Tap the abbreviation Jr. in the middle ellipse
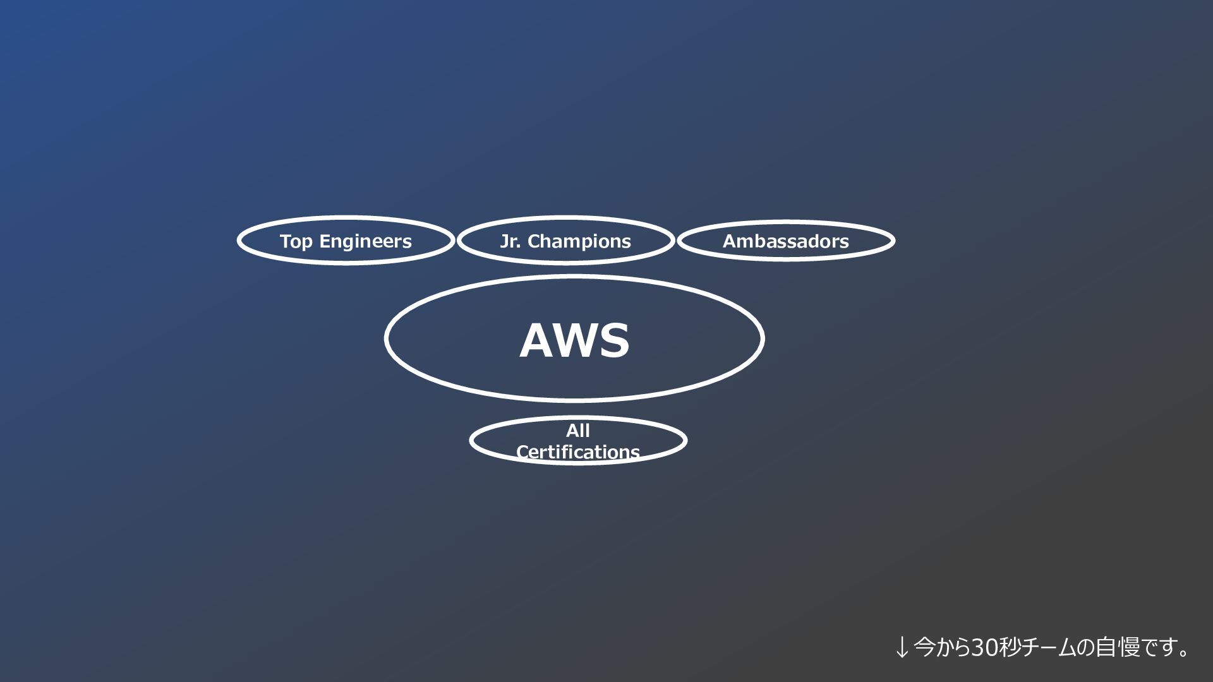(x=510, y=241)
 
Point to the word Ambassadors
(x=785, y=241)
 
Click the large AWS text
(x=574, y=341)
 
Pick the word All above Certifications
(x=577, y=431)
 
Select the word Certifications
(x=577, y=452)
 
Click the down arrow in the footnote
(x=902, y=647)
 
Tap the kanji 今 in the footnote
(x=924, y=647)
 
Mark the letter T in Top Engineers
(x=286, y=241)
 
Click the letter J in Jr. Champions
(x=504, y=241)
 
